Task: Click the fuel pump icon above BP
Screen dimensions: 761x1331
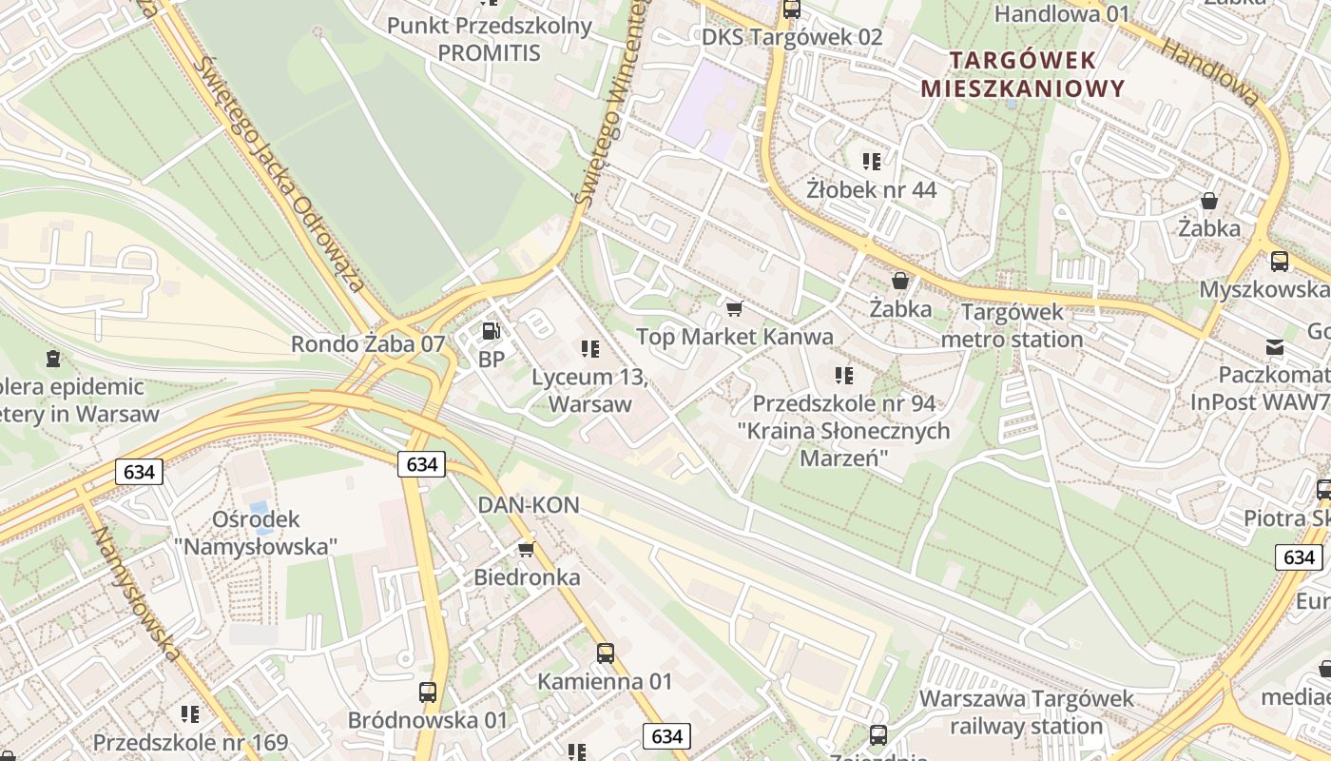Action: coord(492,331)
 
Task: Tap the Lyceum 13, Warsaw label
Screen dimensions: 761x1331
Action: coord(589,390)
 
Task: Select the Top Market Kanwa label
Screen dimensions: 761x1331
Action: coord(734,337)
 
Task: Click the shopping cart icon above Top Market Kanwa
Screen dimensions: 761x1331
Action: coord(733,309)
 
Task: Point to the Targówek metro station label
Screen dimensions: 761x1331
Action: coord(1012,325)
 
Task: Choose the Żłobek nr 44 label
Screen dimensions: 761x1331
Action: coord(871,189)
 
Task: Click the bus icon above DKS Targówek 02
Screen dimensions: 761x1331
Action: coord(791,10)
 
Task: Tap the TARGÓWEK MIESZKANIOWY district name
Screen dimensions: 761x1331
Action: coord(1022,74)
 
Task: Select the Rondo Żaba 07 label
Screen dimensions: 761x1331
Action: coord(368,344)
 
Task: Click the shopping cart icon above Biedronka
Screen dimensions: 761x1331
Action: coord(526,549)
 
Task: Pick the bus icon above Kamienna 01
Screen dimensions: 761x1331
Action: coord(605,654)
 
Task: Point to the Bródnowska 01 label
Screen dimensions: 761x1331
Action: coord(428,720)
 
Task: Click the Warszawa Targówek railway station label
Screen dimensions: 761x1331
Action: coord(1026,712)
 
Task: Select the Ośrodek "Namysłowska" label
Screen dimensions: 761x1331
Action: coord(256,533)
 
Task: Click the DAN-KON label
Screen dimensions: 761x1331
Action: coord(528,505)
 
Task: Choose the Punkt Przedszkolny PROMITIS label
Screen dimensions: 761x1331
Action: coord(489,39)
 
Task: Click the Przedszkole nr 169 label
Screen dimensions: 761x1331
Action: coord(190,742)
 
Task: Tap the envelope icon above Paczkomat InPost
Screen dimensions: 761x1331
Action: coord(1274,347)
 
